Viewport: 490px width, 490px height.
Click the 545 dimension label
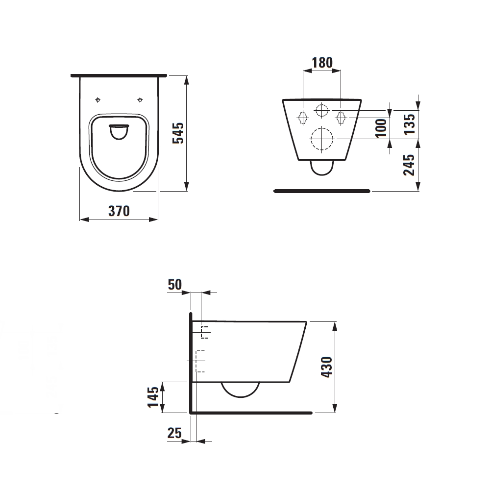tap(178, 133)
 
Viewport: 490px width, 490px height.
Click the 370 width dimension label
tap(119, 211)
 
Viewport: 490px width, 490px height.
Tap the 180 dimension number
tap(322, 63)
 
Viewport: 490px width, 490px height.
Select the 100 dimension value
tap(381, 128)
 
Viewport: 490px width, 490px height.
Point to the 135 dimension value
tap(409, 124)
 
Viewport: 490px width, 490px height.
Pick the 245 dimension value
tap(409, 165)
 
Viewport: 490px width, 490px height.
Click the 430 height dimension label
tap(327, 367)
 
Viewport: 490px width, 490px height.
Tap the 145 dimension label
tap(153, 397)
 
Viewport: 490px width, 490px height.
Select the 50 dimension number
tap(175, 285)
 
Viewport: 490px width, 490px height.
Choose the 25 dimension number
tap(174, 433)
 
